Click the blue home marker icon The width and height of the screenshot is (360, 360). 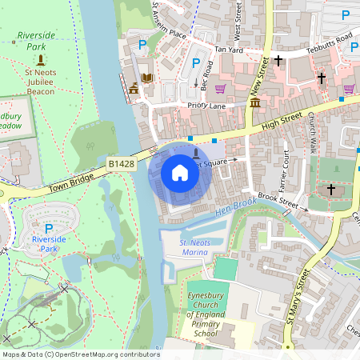click(x=180, y=173)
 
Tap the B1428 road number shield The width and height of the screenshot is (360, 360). click(x=121, y=163)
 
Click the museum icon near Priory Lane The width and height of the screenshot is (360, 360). click(x=254, y=103)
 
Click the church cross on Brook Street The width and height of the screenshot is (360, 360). click(x=331, y=190)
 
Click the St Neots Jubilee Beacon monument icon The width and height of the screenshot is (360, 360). click(x=41, y=59)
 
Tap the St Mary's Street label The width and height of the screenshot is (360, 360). click(x=295, y=300)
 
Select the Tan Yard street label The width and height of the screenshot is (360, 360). click(x=228, y=50)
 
